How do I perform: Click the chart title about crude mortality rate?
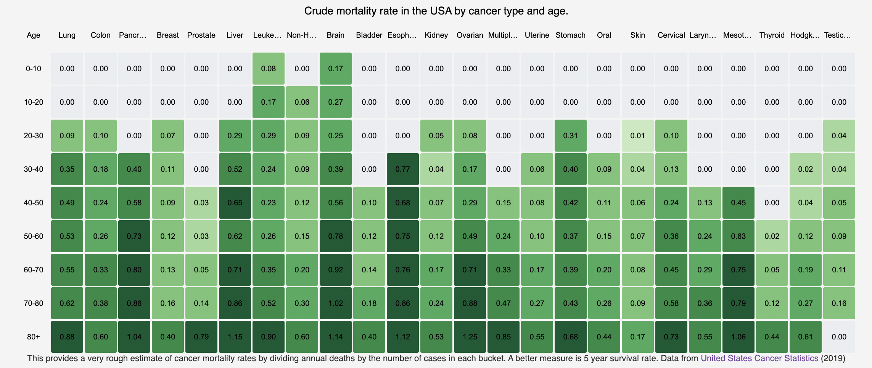coord(436,11)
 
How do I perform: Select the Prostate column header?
coord(201,35)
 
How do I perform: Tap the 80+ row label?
coord(34,337)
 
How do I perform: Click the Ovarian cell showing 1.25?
coord(470,337)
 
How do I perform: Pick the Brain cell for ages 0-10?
coord(336,69)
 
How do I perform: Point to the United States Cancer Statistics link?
coord(759,358)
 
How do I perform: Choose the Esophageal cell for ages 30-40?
coord(403,169)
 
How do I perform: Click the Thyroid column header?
coord(772,35)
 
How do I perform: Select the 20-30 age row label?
coord(34,136)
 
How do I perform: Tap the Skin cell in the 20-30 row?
coord(638,136)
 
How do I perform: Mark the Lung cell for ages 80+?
coord(67,337)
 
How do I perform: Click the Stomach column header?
coord(571,35)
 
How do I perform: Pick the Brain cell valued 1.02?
coord(336,303)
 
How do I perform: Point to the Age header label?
coord(34,35)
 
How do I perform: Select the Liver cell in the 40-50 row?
coord(235,203)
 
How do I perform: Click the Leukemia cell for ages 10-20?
coord(269,102)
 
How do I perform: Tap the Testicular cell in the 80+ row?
coord(839,337)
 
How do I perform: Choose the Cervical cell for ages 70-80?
coord(671,303)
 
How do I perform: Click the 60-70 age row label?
coord(34,270)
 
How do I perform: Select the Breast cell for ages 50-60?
coord(168,236)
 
